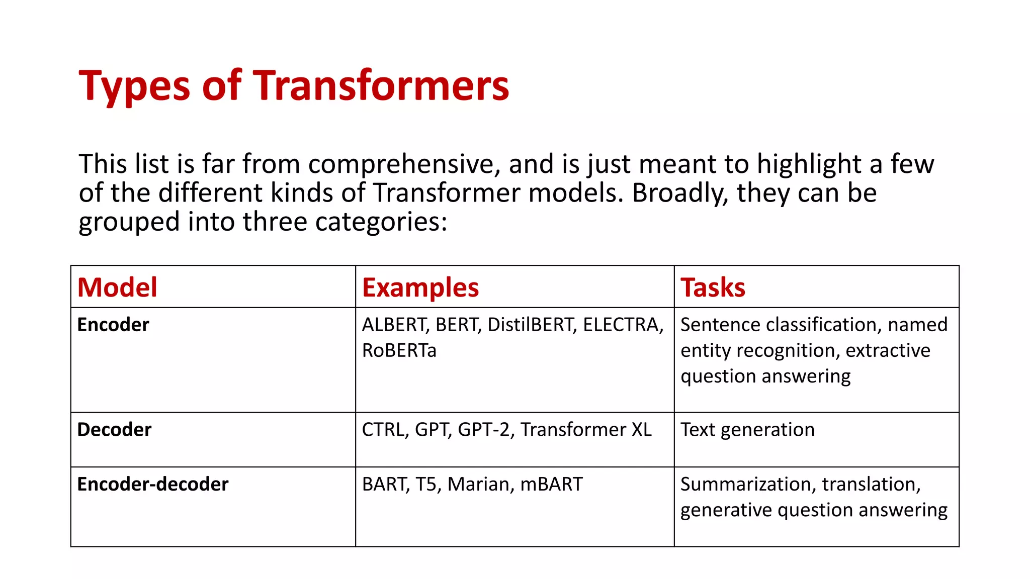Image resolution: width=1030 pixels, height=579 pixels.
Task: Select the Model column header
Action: click(x=117, y=287)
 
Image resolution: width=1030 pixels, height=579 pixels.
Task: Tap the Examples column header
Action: click(x=420, y=288)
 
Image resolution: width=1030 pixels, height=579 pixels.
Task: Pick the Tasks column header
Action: click(x=713, y=287)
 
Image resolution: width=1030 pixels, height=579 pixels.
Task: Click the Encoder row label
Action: click(x=113, y=325)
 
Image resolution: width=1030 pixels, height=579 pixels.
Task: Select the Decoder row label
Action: click(x=114, y=430)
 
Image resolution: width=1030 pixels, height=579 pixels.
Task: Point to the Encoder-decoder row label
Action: click(x=153, y=484)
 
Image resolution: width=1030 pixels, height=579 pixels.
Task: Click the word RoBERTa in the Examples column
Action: click(x=399, y=350)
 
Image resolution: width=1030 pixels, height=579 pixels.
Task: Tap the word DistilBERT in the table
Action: click(x=531, y=325)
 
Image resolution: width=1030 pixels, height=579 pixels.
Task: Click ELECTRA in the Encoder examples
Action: click(x=622, y=325)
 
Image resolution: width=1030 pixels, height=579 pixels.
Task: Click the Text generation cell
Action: click(x=747, y=430)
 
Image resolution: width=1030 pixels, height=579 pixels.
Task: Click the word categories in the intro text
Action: click(x=381, y=222)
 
